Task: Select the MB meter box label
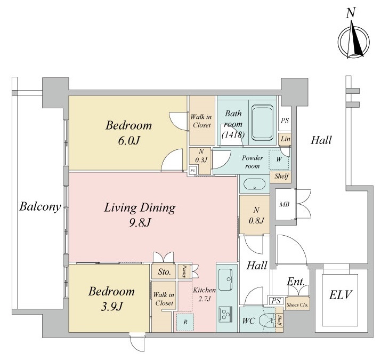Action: click(284, 204)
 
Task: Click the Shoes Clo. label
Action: click(297, 305)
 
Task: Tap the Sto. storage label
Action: click(164, 272)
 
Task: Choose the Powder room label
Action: click(253, 162)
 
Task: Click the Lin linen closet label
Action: click(285, 140)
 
